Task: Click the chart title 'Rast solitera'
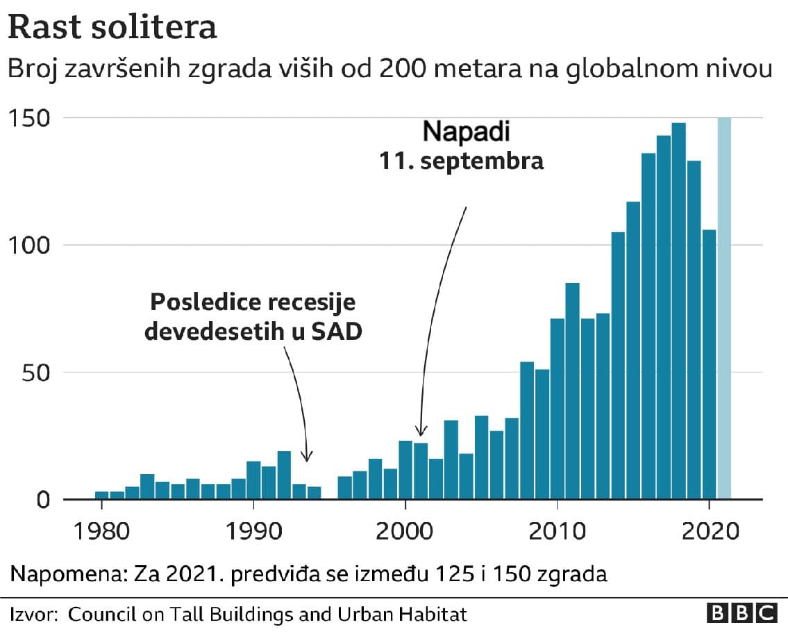(112, 29)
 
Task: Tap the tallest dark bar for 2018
(678, 311)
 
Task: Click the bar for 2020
(709, 364)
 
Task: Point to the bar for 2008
(527, 430)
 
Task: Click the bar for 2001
(421, 471)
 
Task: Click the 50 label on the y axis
(35, 373)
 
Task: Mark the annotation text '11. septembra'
(460, 161)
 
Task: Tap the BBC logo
(741, 613)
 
